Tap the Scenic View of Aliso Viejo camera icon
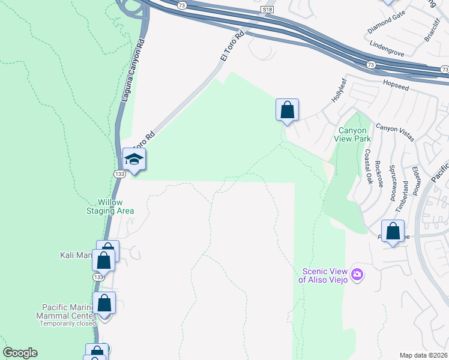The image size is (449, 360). [357, 274]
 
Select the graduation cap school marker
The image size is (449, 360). [134, 160]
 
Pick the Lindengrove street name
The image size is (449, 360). [388, 44]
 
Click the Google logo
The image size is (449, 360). [20, 353]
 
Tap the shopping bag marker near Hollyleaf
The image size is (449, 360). [288, 110]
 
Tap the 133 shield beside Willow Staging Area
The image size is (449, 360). [119, 173]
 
